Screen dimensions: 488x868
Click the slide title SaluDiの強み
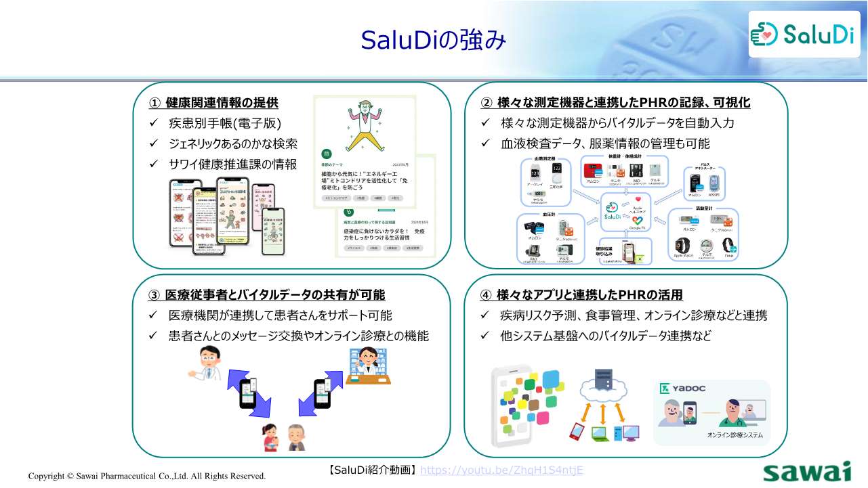[434, 40]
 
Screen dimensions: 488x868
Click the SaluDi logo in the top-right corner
[803, 34]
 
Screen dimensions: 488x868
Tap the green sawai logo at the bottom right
[806, 472]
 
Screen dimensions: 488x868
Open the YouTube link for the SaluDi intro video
[502, 470]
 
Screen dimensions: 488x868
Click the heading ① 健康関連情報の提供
[213, 103]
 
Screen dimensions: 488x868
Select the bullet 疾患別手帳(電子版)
[224, 123]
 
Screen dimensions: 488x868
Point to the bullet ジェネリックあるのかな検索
[232, 143]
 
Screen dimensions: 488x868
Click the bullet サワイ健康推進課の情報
[232, 164]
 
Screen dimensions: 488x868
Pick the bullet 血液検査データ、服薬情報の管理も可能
[605, 143]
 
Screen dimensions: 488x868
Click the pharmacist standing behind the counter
[368, 365]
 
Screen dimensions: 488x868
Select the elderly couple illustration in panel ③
[284, 437]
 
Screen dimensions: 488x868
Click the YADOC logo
[683, 389]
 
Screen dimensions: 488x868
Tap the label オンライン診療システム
[735, 435]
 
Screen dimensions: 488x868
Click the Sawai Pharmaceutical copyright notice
[147, 476]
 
